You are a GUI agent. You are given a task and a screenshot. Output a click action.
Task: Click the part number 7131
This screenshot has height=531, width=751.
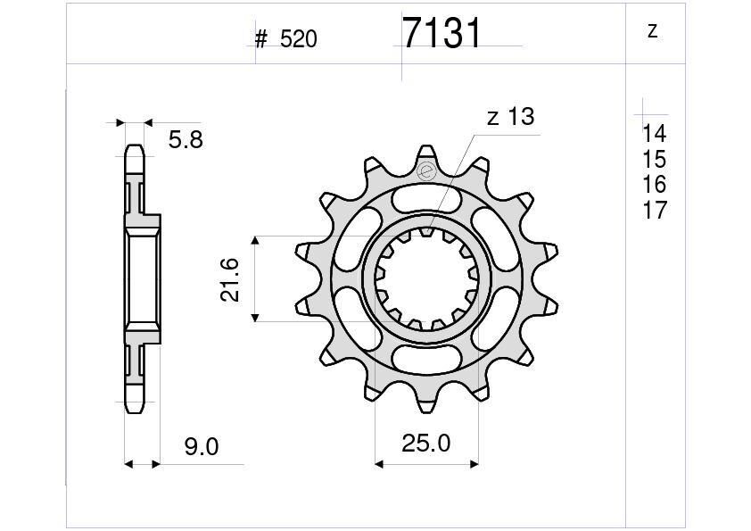[442, 34]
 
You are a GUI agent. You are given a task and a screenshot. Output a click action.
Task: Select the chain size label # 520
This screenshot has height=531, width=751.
[285, 39]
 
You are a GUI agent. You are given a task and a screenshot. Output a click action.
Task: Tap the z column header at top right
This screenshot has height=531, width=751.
[653, 31]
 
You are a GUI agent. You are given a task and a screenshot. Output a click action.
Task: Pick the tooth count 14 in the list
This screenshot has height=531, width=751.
[654, 134]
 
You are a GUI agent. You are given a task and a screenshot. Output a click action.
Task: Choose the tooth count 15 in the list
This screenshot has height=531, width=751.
[654, 160]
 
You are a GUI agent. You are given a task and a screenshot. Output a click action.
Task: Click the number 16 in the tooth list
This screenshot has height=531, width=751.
[654, 185]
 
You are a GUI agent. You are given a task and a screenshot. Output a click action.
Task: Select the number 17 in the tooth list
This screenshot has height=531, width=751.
[654, 211]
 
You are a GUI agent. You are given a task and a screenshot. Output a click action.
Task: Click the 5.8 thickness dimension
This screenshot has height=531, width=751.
[185, 139]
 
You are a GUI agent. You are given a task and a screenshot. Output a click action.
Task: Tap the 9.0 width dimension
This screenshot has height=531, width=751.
[202, 446]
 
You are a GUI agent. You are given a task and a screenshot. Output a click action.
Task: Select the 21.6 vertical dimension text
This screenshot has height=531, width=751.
[230, 278]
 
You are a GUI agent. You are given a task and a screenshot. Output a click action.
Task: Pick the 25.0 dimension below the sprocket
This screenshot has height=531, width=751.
[426, 444]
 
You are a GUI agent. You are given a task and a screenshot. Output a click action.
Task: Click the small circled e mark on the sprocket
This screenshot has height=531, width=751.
[426, 171]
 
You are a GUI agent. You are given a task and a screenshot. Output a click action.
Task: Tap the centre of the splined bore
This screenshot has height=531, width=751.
[426, 278]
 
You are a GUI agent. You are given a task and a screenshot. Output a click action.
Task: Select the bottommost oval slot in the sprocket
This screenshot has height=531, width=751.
[426, 361]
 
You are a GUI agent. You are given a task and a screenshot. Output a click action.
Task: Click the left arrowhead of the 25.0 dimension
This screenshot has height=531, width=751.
[379, 464]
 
